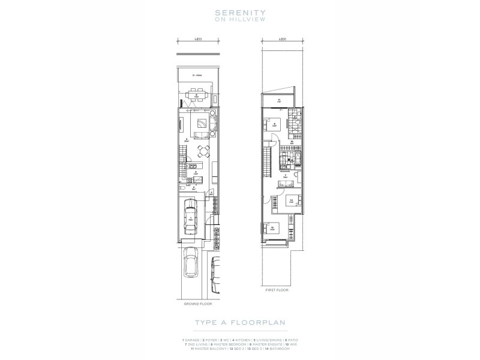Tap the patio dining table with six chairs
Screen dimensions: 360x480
[x=196, y=95]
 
